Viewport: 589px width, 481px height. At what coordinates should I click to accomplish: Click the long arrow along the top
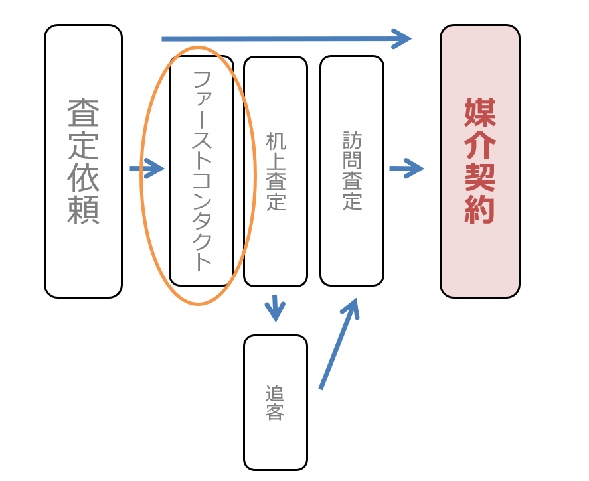click(286, 39)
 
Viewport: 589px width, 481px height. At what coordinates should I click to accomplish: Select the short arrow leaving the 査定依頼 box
click(147, 169)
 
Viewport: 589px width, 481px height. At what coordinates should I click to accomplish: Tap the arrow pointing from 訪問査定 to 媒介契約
click(406, 169)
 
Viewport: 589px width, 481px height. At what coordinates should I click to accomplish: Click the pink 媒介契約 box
click(479, 265)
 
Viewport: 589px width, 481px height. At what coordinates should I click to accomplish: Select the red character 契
click(480, 178)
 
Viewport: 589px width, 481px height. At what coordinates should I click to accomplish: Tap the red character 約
click(480, 210)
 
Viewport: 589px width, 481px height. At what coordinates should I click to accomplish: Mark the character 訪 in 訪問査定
click(352, 140)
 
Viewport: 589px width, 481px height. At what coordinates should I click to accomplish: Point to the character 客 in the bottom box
click(275, 412)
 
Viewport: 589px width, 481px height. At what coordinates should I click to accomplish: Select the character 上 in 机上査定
click(275, 162)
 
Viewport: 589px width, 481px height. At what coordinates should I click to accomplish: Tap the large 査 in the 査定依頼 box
click(83, 113)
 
